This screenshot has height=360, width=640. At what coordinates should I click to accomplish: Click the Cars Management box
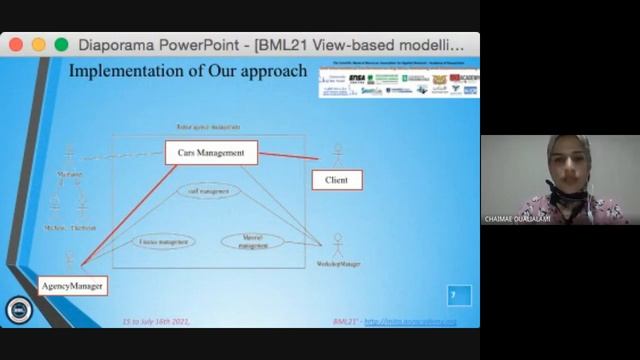click(211, 152)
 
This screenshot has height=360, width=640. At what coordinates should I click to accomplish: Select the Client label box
click(337, 180)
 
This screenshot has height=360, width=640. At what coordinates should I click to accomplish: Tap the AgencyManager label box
click(72, 286)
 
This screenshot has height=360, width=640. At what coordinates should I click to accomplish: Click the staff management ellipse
click(208, 190)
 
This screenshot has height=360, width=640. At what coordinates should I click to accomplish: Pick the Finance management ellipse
click(166, 240)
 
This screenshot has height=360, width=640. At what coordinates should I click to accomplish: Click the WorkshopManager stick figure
click(338, 244)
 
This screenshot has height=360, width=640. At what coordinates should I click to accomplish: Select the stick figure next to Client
click(338, 157)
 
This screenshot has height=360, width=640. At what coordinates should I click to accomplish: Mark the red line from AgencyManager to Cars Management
click(125, 210)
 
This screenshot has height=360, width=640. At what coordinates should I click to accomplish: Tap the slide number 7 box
click(458, 295)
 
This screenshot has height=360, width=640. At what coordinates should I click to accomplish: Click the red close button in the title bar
click(17, 44)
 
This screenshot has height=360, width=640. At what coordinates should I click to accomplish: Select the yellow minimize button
click(39, 44)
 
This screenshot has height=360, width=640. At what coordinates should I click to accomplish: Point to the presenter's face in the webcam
click(561, 166)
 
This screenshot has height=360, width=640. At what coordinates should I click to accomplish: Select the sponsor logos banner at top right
click(398, 83)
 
